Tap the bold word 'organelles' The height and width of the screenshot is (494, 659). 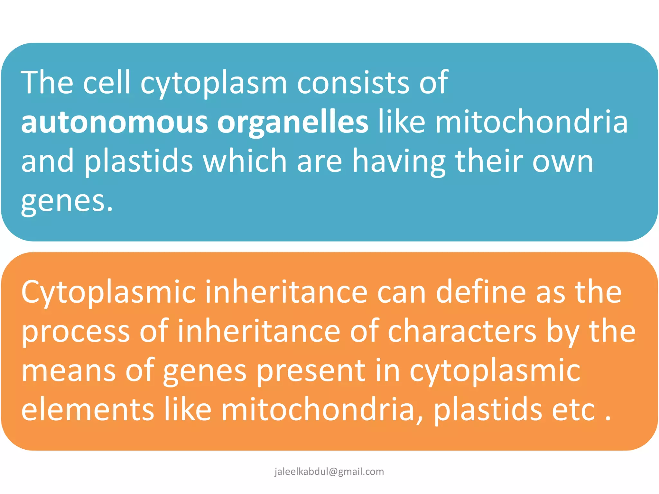coord(292,123)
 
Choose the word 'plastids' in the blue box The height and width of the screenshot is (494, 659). coord(139,161)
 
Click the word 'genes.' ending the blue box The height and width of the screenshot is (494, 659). coord(67,202)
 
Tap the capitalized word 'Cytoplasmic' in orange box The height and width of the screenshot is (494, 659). coord(108,293)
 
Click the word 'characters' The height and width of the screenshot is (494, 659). coord(462,331)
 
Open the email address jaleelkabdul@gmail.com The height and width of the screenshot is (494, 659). coord(329,471)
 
